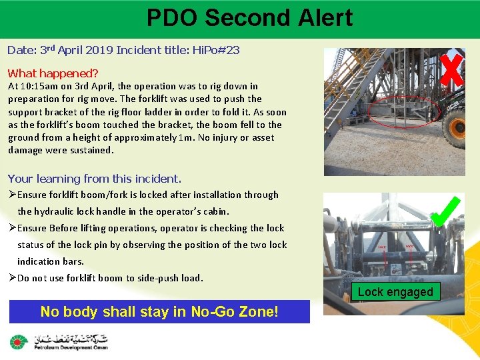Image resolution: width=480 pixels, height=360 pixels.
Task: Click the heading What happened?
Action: pyautogui.click(x=53, y=73)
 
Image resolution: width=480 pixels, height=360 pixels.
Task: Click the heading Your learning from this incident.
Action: pyautogui.click(x=94, y=179)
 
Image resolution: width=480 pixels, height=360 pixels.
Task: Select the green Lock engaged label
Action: pyautogui.click(x=395, y=292)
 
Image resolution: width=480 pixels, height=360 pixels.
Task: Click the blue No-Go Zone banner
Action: pyautogui.click(x=159, y=311)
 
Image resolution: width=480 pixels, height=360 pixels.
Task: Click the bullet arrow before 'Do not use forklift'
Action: pyautogui.click(x=12, y=278)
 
